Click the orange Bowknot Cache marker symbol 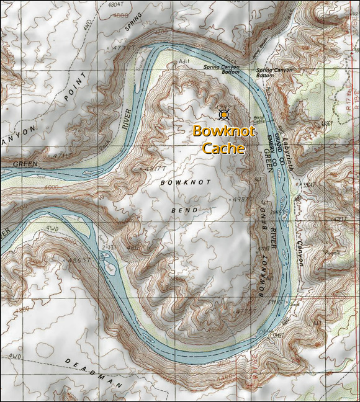click(x=224, y=114)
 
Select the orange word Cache click(x=224, y=148)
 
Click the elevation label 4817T click(x=155, y=169)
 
